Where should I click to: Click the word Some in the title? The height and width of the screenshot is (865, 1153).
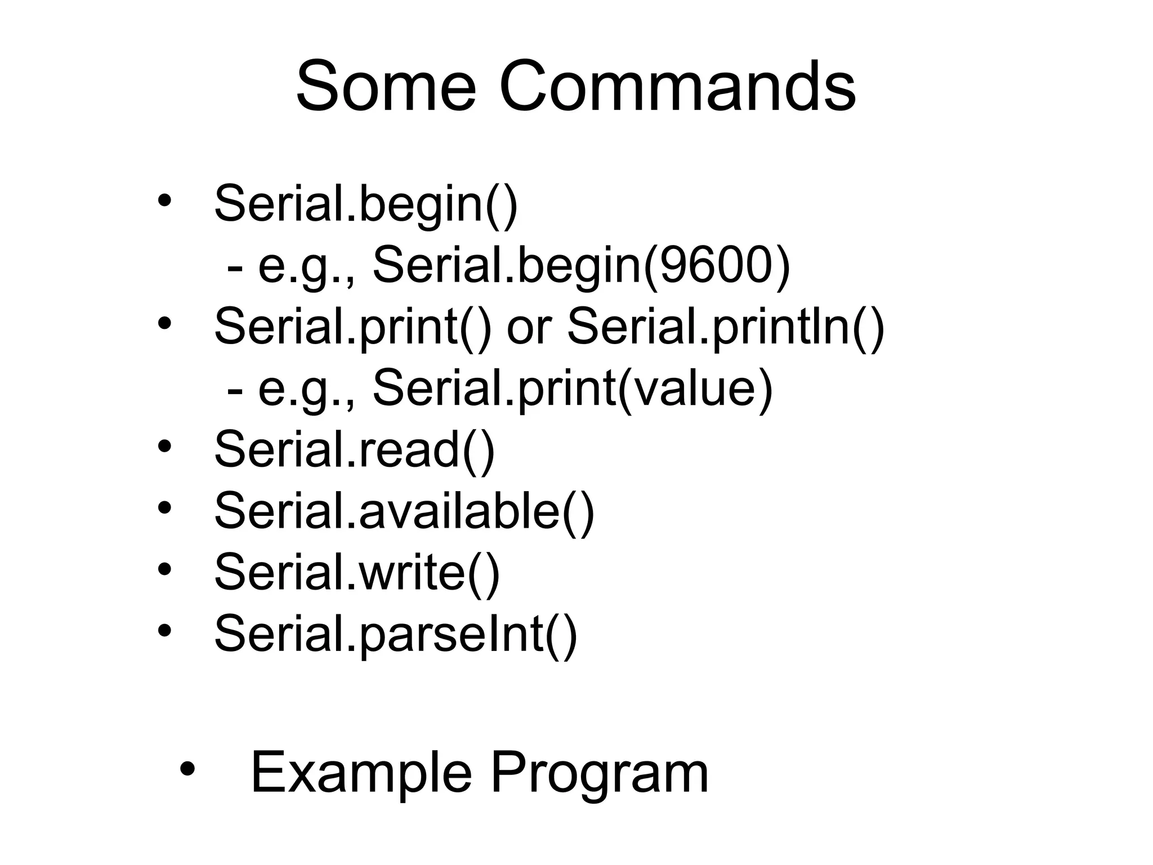(x=386, y=88)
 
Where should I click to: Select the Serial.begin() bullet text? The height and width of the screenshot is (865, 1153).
(x=366, y=204)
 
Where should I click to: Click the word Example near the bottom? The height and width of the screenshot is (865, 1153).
(x=361, y=773)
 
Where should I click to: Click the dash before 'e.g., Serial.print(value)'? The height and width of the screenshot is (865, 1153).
(x=235, y=390)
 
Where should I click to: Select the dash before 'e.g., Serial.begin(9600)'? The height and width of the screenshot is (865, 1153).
(x=235, y=267)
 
